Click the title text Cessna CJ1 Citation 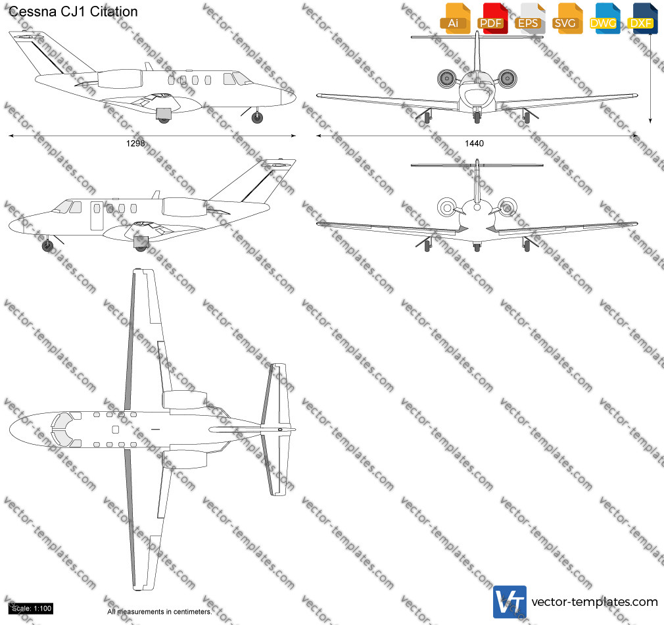73,11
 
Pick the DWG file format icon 604,18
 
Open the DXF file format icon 642,18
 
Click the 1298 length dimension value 135,143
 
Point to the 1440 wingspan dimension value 474,143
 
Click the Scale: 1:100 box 32,609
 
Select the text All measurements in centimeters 160,612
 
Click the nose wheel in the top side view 257,117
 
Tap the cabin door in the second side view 97,216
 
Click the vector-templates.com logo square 510,602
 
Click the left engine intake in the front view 446,78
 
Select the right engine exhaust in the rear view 507,208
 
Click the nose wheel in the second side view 48,245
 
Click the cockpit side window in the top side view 229,79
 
